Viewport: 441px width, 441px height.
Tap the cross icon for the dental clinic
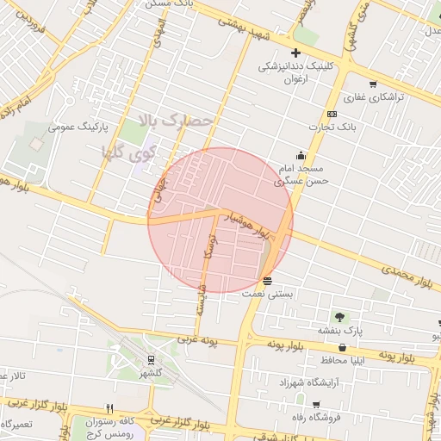(295, 53)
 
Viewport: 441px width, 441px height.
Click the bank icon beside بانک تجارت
(332, 115)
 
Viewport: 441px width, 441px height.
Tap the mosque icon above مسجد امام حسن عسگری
(300, 155)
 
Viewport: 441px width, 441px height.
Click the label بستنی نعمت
(268, 294)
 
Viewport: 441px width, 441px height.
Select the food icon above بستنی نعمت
(268, 281)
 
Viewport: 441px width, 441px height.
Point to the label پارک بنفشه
(340, 330)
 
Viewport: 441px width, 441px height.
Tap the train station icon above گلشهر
(151, 361)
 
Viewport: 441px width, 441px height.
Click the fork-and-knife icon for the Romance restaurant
(109, 408)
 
